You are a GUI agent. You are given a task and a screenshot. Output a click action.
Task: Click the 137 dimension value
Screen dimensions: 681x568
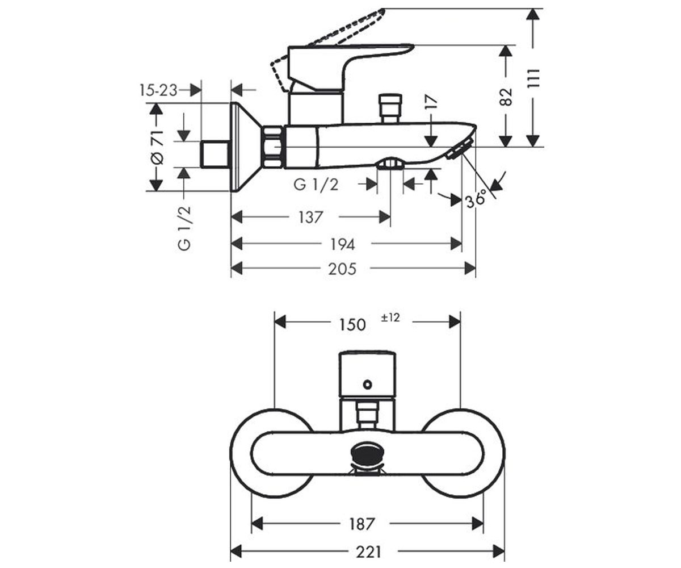[x=310, y=217]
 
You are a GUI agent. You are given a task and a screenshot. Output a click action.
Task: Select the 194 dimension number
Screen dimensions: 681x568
[x=343, y=244]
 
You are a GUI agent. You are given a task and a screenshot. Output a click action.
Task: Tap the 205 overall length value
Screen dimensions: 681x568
[x=342, y=269]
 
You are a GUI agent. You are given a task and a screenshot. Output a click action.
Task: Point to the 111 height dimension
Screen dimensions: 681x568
[x=533, y=79]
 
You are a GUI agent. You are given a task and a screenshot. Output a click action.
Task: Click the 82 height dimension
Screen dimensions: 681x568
[x=506, y=97]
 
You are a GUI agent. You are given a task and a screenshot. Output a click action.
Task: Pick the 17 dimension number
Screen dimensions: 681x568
[x=431, y=102]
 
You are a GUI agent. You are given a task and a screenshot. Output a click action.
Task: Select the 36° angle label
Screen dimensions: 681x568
[x=476, y=198]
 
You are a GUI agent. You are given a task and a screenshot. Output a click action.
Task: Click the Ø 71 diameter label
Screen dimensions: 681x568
[x=157, y=147]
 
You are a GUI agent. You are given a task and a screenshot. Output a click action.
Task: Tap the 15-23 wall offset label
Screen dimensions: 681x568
[x=158, y=90]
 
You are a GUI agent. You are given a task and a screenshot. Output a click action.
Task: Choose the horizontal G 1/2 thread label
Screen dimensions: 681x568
[x=316, y=185]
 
